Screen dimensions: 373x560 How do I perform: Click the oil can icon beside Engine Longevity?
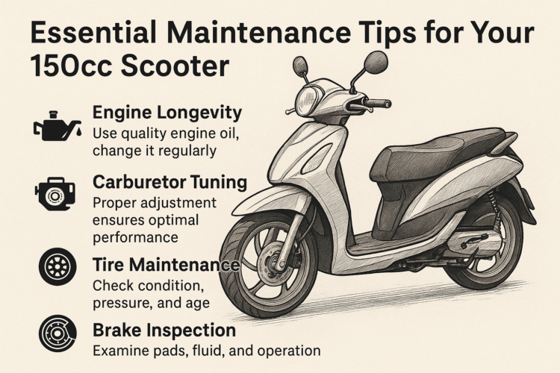tap(54, 126)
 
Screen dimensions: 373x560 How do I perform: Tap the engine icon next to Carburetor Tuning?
tap(55, 196)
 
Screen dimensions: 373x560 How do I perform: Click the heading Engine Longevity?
tap(167, 113)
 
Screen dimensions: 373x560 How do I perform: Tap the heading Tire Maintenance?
tap(166, 266)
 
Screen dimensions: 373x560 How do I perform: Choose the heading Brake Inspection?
tap(164, 330)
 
